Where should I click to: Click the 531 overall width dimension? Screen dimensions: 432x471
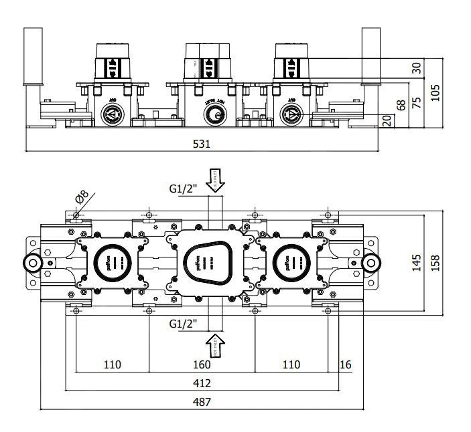tap(202, 144)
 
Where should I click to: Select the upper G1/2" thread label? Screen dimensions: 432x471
tap(183, 189)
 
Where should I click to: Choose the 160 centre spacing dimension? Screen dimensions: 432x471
tap(202, 364)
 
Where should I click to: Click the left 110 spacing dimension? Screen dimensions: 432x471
tap(112, 364)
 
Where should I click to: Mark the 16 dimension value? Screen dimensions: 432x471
tap(346, 364)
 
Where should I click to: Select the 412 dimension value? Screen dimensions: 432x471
tap(202, 383)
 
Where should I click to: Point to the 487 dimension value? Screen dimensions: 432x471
tap(202, 402)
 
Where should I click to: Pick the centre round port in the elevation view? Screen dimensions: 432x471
tap(213, 116)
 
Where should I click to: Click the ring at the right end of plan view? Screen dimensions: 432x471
tap(371, 263)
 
